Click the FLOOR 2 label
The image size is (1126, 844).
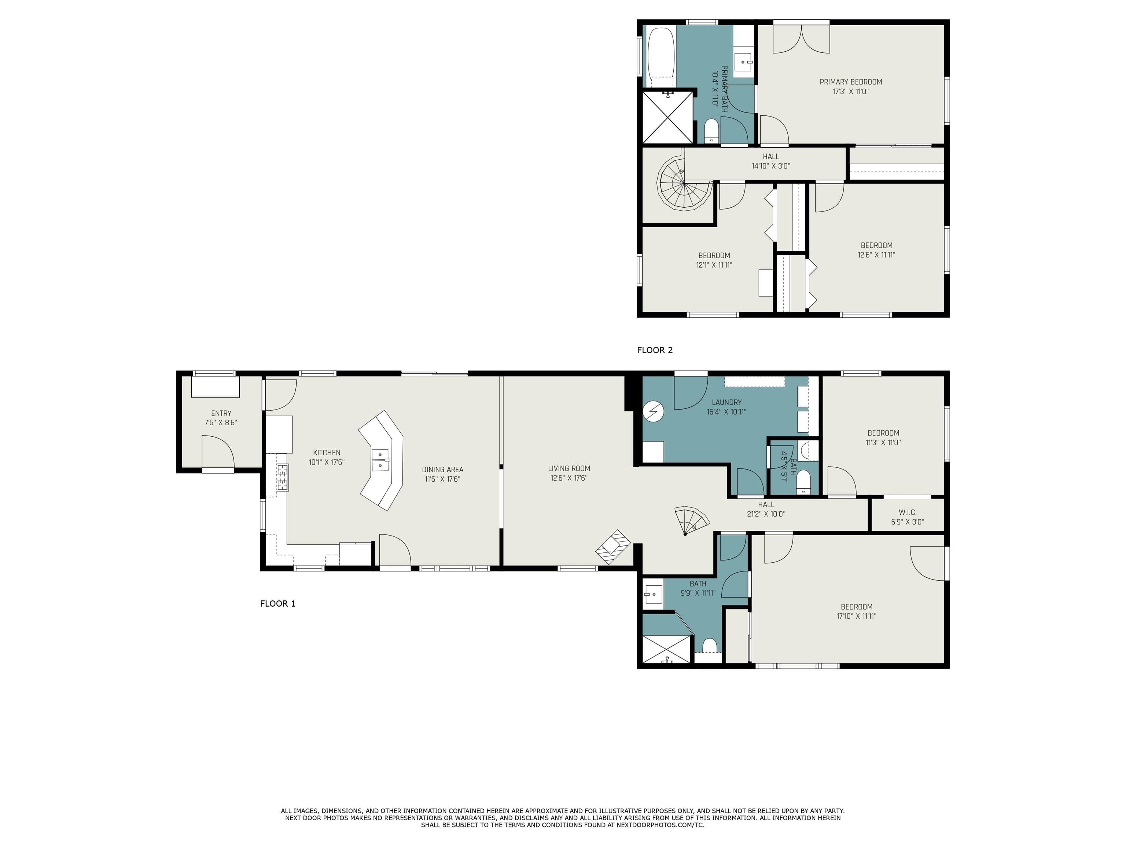[x=655, y=350]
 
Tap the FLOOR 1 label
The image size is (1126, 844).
[x=277, y=603]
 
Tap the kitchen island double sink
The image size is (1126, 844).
[x=380, y=460]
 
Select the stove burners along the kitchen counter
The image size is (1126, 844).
[x=282, y=477]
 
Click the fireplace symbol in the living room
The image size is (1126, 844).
[x=613, y=547]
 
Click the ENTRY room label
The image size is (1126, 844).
[x=221, y=413]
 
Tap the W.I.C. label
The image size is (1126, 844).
[x=907, y=512]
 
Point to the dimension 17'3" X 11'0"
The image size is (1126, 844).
[x=851, y=92]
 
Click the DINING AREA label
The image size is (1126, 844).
[x=442, y=470]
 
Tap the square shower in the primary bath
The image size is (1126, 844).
[x=667, y=118]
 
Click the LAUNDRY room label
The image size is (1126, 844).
[x=726, y=402]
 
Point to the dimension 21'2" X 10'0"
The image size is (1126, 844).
[x=766, y=514]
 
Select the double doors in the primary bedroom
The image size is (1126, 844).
[x=801, y=40]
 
